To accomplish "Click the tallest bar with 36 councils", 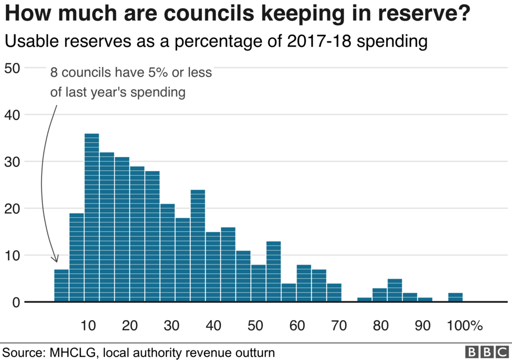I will point(92,217).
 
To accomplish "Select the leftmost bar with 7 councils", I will point(61,285).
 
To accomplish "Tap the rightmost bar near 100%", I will point(455,297).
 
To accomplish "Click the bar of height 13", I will point(274,271).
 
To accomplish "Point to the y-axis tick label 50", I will point(13,68).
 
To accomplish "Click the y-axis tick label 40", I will point(13,114).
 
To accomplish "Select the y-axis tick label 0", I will point(17,302).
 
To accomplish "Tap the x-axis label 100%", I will point(465,326).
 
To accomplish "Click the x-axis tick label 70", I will point(339,326).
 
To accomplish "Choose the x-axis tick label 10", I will point(88,326).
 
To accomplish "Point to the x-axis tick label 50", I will point(255,326).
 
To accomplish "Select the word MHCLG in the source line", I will point(70,352).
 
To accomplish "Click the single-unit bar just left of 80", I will point(365,300).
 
